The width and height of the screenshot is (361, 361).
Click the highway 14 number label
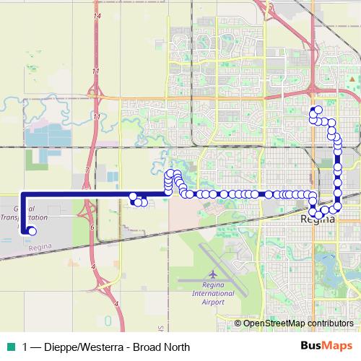click(97, 35)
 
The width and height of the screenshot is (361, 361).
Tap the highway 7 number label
click(87, 169)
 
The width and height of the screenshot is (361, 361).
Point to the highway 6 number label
click(92, 227)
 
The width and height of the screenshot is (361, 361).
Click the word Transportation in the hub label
click(25, 217)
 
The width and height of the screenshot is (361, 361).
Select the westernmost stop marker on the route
click(31, 231)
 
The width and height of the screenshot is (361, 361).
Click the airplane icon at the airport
click(212, 274)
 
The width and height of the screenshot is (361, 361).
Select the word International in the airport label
click(212, 293)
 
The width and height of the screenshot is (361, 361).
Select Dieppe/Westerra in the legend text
click(82, 347)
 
